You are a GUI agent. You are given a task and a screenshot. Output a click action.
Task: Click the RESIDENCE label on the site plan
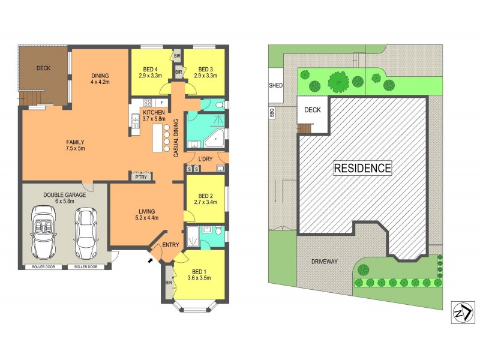(362, 169)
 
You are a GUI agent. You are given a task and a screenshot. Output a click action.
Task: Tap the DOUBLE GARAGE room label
(64, 195)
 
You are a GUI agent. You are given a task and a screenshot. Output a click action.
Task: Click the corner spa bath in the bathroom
(214, 139)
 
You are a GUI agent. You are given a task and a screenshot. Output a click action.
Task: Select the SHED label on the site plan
(276, 86)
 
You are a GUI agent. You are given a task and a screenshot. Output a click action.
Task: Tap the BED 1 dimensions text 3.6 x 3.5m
(199, 277)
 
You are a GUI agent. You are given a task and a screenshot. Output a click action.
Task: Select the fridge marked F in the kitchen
(161, 103)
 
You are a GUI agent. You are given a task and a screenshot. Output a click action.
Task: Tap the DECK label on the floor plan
(43, 68)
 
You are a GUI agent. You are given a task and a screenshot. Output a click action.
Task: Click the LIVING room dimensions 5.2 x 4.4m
(147, 218)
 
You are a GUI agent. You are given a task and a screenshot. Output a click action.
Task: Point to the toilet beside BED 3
(218, 104)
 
